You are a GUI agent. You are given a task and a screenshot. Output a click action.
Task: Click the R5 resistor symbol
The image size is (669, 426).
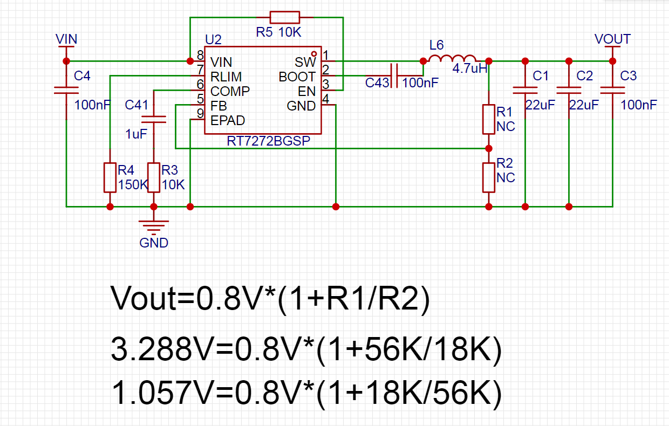pos(285,17)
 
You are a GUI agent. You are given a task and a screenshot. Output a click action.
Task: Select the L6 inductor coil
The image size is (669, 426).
pos(453,58)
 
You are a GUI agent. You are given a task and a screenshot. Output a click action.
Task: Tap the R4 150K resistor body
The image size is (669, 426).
pos(110,177)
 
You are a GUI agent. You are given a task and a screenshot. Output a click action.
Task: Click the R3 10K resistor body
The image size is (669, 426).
pos(154,177)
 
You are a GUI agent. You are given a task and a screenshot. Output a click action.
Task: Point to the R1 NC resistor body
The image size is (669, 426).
pos(489,119)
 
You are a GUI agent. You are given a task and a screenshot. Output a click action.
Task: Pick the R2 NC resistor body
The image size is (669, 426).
pos(489,177)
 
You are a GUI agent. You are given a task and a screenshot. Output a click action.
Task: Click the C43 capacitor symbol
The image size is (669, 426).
pos(394,75)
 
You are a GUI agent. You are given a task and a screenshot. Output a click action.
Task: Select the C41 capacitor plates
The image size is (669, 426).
pos(154,119)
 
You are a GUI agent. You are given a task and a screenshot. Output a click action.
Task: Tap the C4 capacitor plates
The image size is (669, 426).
pos(66,90)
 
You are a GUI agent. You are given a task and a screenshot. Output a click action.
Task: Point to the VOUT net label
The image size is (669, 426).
pos(612,39)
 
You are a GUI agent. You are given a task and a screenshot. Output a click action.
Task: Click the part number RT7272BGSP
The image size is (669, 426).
pos(269,141)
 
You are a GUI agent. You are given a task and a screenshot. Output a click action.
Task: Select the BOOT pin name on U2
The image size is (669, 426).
pos(297,77)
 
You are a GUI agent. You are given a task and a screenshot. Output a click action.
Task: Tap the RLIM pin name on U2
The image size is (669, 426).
pos(226,77)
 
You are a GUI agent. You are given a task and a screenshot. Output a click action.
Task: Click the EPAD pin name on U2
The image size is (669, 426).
pos(228,121)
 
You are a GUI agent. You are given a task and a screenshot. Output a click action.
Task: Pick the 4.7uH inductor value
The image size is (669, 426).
pos(470,68)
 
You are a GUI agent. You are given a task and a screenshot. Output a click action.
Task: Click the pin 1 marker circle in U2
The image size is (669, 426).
pos(314,54)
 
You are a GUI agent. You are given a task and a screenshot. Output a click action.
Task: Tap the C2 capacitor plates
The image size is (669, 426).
pos(569,90)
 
